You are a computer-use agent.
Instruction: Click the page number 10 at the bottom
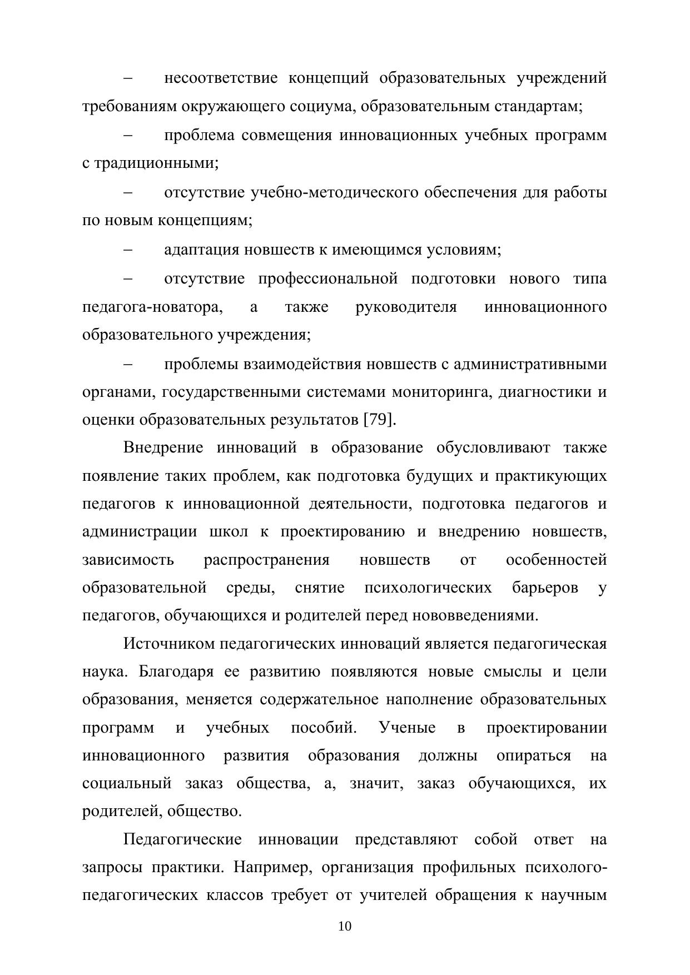345,926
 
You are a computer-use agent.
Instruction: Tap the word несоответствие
221,78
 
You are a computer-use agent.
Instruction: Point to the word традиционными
156,163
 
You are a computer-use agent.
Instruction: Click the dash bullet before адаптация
128,250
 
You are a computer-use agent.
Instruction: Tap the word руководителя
406,307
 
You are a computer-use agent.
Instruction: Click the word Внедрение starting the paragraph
163,447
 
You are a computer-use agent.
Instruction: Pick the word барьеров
545,588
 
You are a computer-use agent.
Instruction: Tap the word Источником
168,644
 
